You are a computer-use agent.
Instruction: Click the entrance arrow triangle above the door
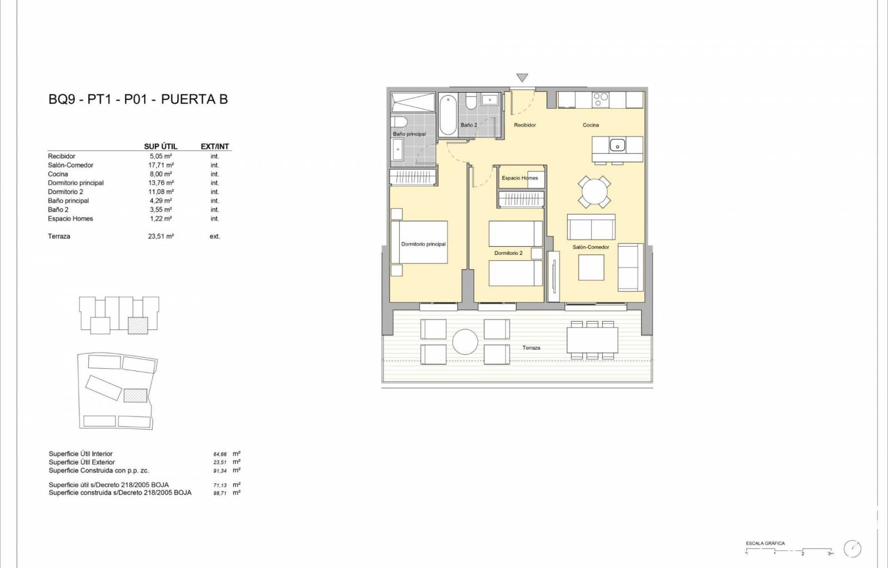[x=522, y=77]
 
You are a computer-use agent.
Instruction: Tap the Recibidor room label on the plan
[x=525, y=125]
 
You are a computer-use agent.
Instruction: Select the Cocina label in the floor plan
[x=591, y=125]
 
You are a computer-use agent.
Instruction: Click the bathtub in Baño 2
[x=448, y=115]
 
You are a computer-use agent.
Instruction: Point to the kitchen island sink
[x=617, y=145]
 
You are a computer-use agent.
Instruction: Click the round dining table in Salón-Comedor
[x=594, y=192]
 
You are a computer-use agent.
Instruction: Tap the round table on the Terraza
[x=465, y=342]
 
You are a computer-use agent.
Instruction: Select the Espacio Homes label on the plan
[x=519, y=178]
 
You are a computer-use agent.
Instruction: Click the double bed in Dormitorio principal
[x=420, y=242]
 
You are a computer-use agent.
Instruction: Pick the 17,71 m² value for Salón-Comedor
[x=161, y=165]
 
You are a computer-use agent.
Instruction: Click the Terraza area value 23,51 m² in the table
[x=161, y=236]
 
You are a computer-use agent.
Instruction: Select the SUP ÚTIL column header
[x=160, y=146]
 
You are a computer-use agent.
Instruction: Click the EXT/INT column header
[x=215, y=146]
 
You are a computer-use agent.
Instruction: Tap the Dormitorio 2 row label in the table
[x=65, y=192]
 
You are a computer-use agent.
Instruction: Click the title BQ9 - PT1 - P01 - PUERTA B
[x=138, y=99]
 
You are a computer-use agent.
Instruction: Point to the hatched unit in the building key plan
[x=138, y=326]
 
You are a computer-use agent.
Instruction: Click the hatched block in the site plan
[x=135, y=395]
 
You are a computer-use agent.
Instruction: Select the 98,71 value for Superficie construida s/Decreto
[x=220, y=493]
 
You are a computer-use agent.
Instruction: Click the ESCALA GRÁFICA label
[x=765, y=544]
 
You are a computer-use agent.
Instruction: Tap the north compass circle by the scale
[x=852, y=549]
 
